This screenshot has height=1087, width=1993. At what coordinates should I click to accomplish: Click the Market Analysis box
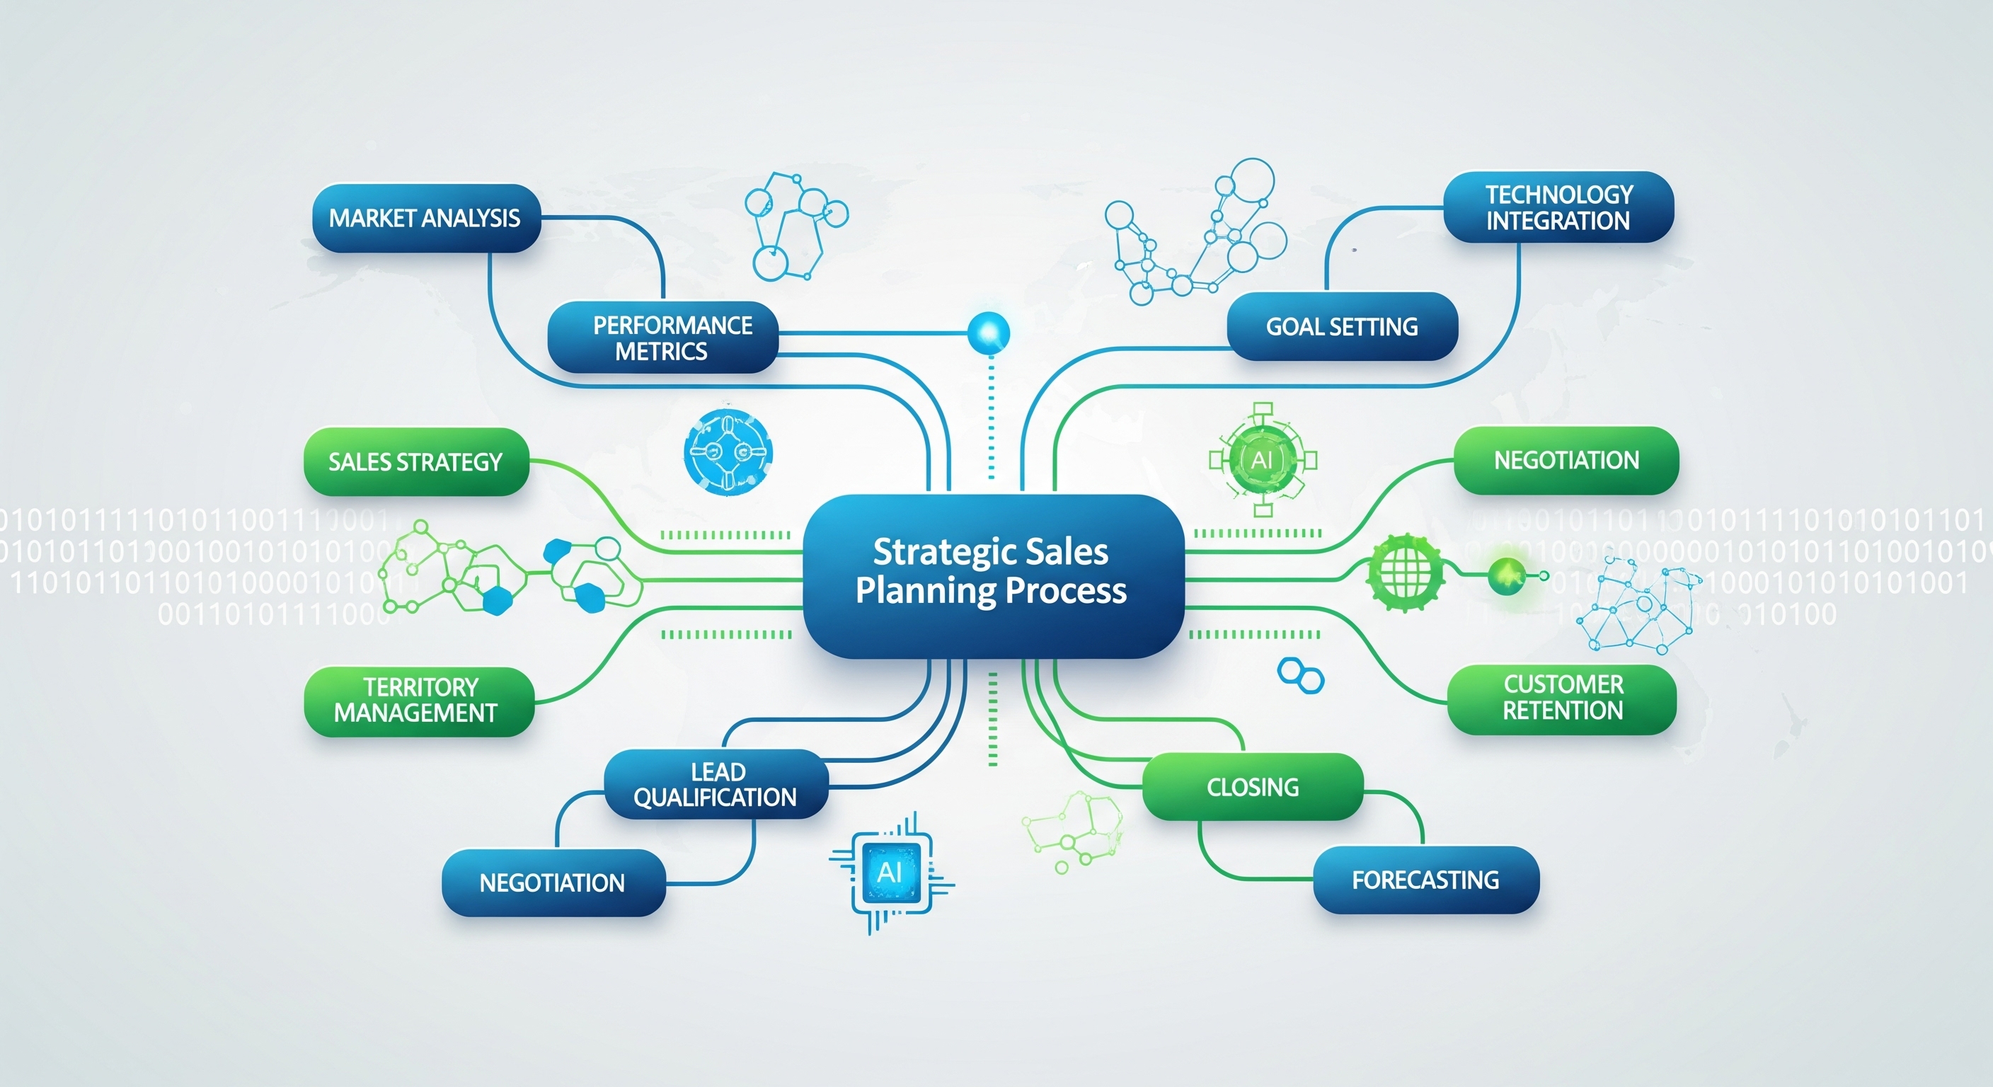[x=425, y=218]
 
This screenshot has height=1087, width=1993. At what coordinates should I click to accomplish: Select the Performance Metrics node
[x=664, y=338]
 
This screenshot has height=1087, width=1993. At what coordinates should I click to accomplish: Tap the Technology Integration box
[x=1558, y=207]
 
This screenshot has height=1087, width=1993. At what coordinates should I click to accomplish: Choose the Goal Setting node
[x=1343, y=326]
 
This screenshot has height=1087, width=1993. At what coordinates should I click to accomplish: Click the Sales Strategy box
[x=416, y=462]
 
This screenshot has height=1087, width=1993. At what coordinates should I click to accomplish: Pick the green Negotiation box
[x=1566, y=460]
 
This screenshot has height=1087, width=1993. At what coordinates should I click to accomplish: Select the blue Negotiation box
[x=553, y=882]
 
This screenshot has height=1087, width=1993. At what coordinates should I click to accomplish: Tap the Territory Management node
[x=418, y=701]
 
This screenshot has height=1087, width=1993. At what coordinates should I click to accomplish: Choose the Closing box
[x=1253, y=787]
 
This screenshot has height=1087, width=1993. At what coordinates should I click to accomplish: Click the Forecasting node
[x=1426, y=880]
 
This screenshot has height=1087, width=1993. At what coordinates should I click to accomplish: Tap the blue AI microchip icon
[x=890, y=873]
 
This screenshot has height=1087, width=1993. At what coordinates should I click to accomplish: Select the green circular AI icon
[x=1262, y=459]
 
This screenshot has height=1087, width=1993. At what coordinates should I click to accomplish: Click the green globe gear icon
[x=1405, y=573]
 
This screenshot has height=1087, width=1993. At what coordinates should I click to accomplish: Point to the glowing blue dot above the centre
[x=989, y=333]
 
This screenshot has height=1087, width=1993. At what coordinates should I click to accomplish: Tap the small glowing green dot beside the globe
[x=1505, y=575]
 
